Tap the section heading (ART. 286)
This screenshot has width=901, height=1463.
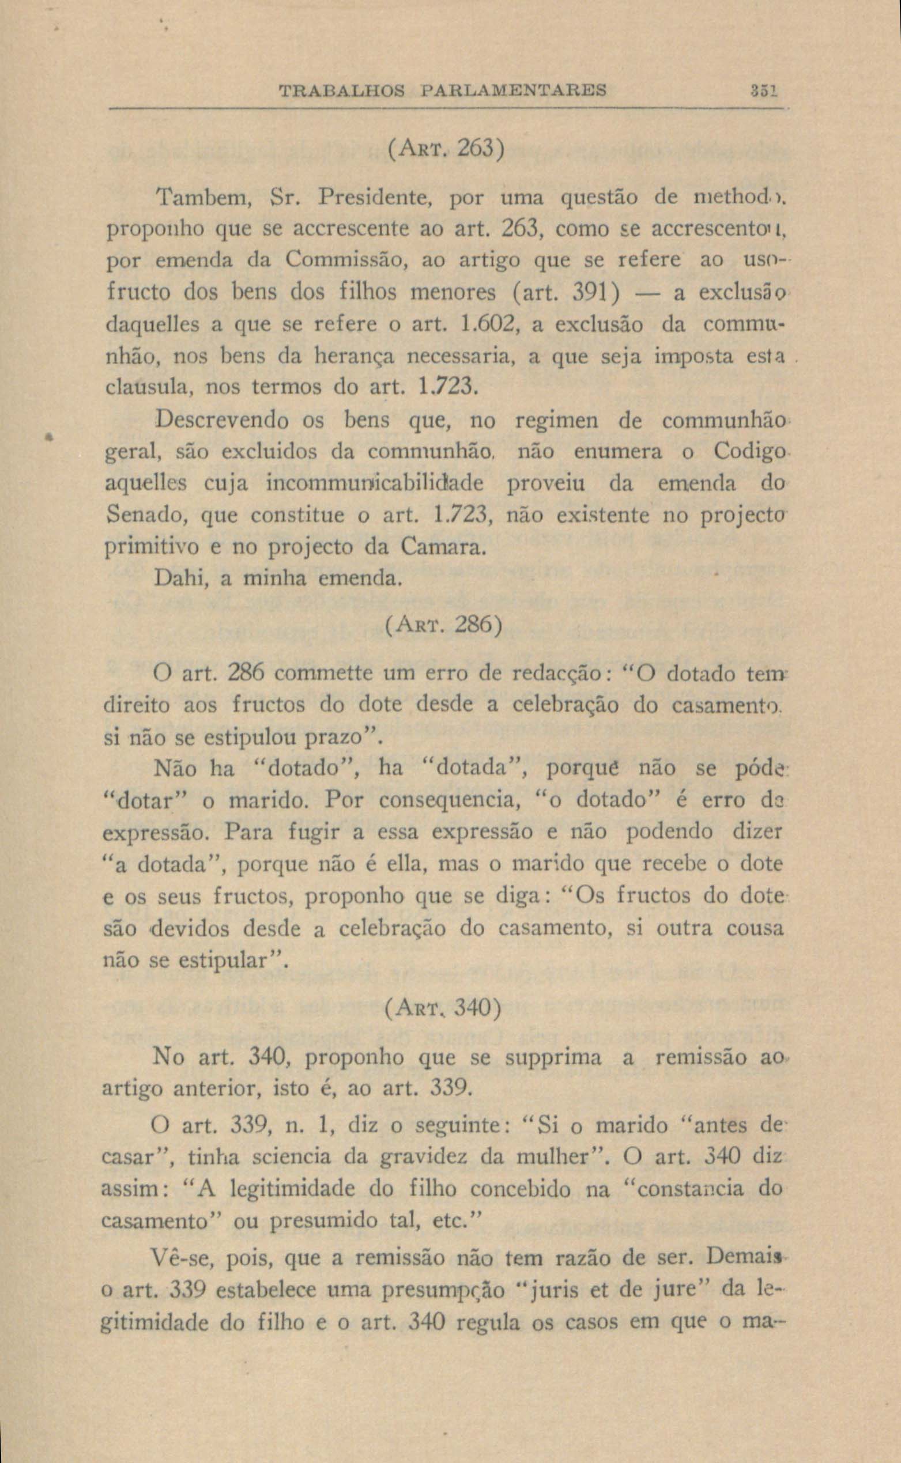tap(443, 625)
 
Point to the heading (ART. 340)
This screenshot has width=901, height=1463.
tap(443, 1007)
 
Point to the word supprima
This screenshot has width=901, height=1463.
tap(553, 1058)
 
